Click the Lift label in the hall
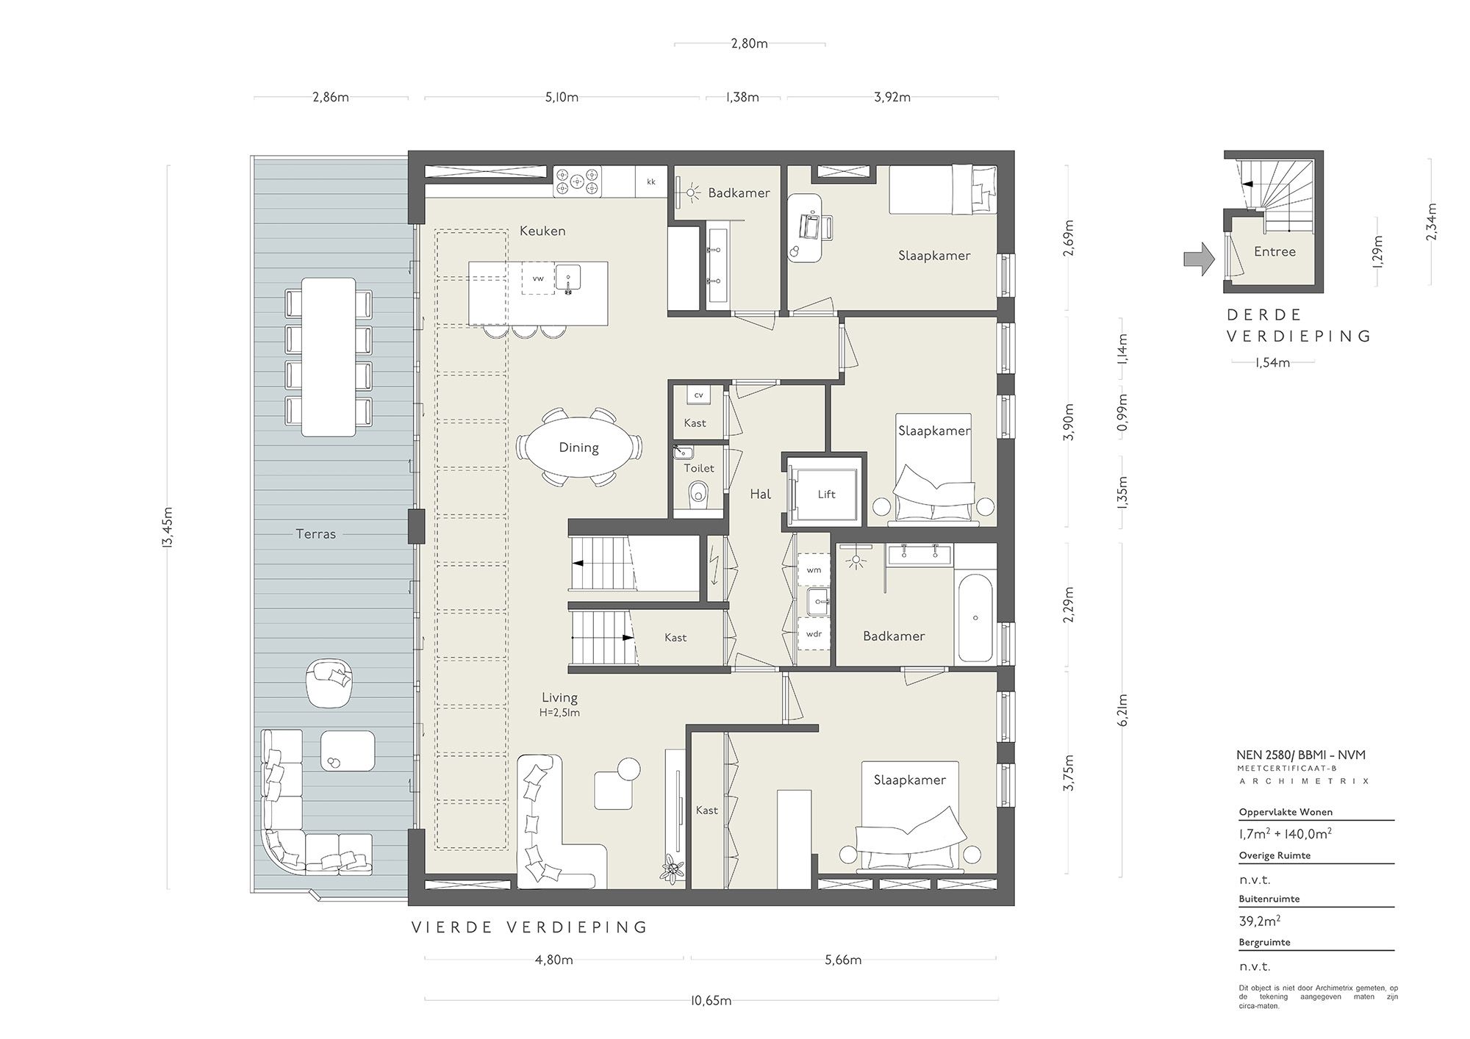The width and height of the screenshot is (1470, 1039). click(826, 495)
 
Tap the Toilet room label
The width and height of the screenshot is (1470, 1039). click(698, 468)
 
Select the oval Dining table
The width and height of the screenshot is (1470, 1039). click(578, 447)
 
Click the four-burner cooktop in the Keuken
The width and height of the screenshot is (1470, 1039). click(577, 181)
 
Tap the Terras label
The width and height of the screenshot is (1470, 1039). click(315, 534)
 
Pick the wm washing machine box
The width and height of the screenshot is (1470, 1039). click(814, 570)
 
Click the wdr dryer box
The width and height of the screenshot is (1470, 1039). click(814, 634)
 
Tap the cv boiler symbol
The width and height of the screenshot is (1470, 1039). click(698, 395)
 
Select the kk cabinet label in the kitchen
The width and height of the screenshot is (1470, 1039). click(650, 181)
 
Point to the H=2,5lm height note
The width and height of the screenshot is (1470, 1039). click(559, 712)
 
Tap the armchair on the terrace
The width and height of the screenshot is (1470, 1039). click(329, 680)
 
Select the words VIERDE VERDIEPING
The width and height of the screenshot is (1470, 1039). click(529, 927)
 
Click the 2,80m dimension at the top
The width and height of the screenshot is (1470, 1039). click(749, 43)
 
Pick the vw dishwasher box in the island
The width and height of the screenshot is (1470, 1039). click(538, 278)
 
